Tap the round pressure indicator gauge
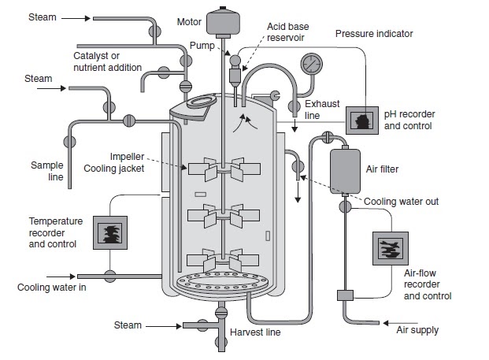[x=312, y=63]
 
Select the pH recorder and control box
[x=361, y=121]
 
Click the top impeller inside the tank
[x=224, y=169]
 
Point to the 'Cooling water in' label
[x=51, y=287]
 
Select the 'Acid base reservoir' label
[x=287, y=32]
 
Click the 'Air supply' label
[x=418, y=329]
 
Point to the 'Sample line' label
[x=46, y=171]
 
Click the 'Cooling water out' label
[x=401, y=202]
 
